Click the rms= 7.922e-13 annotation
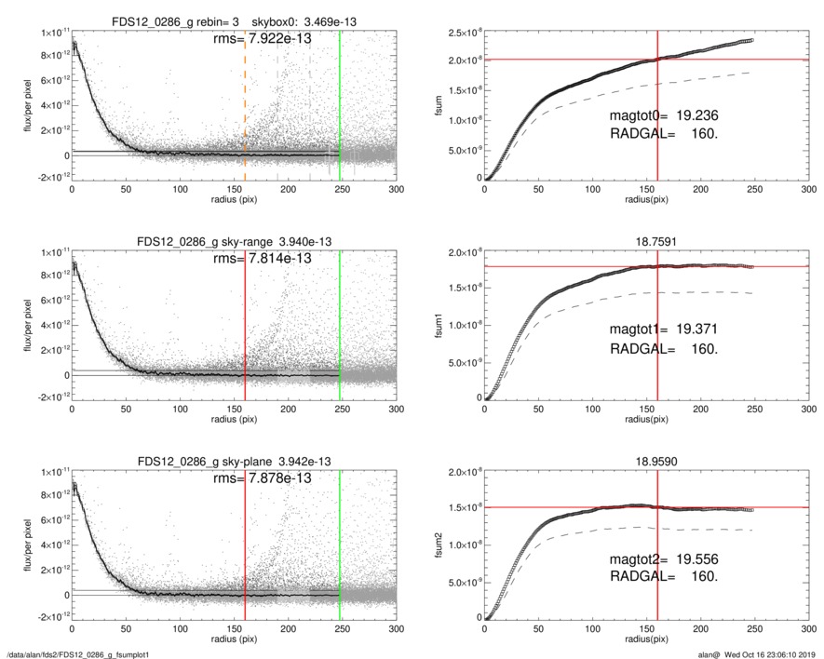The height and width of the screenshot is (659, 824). (x=263, y=38)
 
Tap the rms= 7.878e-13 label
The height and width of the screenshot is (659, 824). (x=263, y=477)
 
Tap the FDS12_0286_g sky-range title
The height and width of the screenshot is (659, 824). (x=235, y=241)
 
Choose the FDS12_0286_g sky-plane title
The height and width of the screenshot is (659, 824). (x=235, y=461)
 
